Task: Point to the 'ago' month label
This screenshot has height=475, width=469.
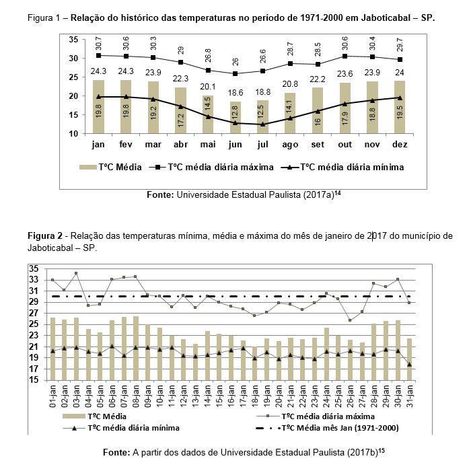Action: pos(290,144)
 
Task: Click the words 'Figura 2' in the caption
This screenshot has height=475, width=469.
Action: pos(45,236)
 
